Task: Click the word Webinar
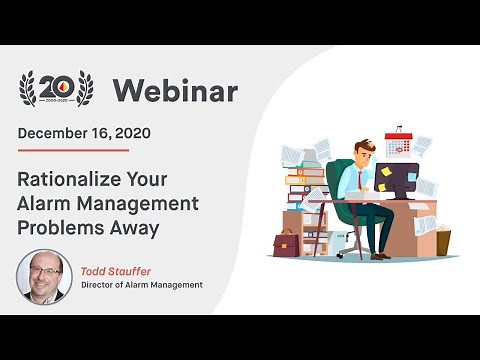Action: coord(175,91)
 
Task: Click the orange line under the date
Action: coord(73,150)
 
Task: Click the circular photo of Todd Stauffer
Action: coord(42,276)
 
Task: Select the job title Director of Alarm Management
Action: coord(142,285)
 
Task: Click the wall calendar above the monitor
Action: coord(398,143)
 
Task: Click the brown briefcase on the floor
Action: coord(286,243)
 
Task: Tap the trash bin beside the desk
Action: coord(442,242)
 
